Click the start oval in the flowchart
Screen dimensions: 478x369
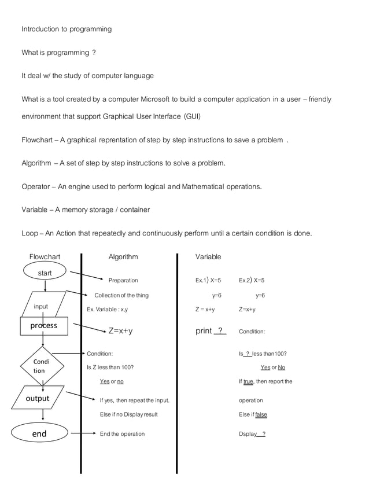(45, 273)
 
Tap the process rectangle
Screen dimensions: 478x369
(44, 326)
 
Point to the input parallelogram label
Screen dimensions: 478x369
(40, 307)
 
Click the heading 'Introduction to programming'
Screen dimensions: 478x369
(67, 29)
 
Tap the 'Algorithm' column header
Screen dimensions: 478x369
(123, 257)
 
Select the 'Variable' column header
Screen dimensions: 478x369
(208, 257)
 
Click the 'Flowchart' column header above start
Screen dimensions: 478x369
(45, 257)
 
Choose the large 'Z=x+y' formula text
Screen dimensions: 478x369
(121, 331)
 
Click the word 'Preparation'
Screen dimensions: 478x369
(123, 281)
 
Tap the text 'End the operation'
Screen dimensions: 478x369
(122, 434)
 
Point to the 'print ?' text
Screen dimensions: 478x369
(211, 331)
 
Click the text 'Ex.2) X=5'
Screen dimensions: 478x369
(252, 281)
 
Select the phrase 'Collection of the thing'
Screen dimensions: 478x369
(121, 296)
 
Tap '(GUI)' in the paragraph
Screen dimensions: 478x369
(192, 116)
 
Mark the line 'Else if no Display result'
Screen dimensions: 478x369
(128, 415)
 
